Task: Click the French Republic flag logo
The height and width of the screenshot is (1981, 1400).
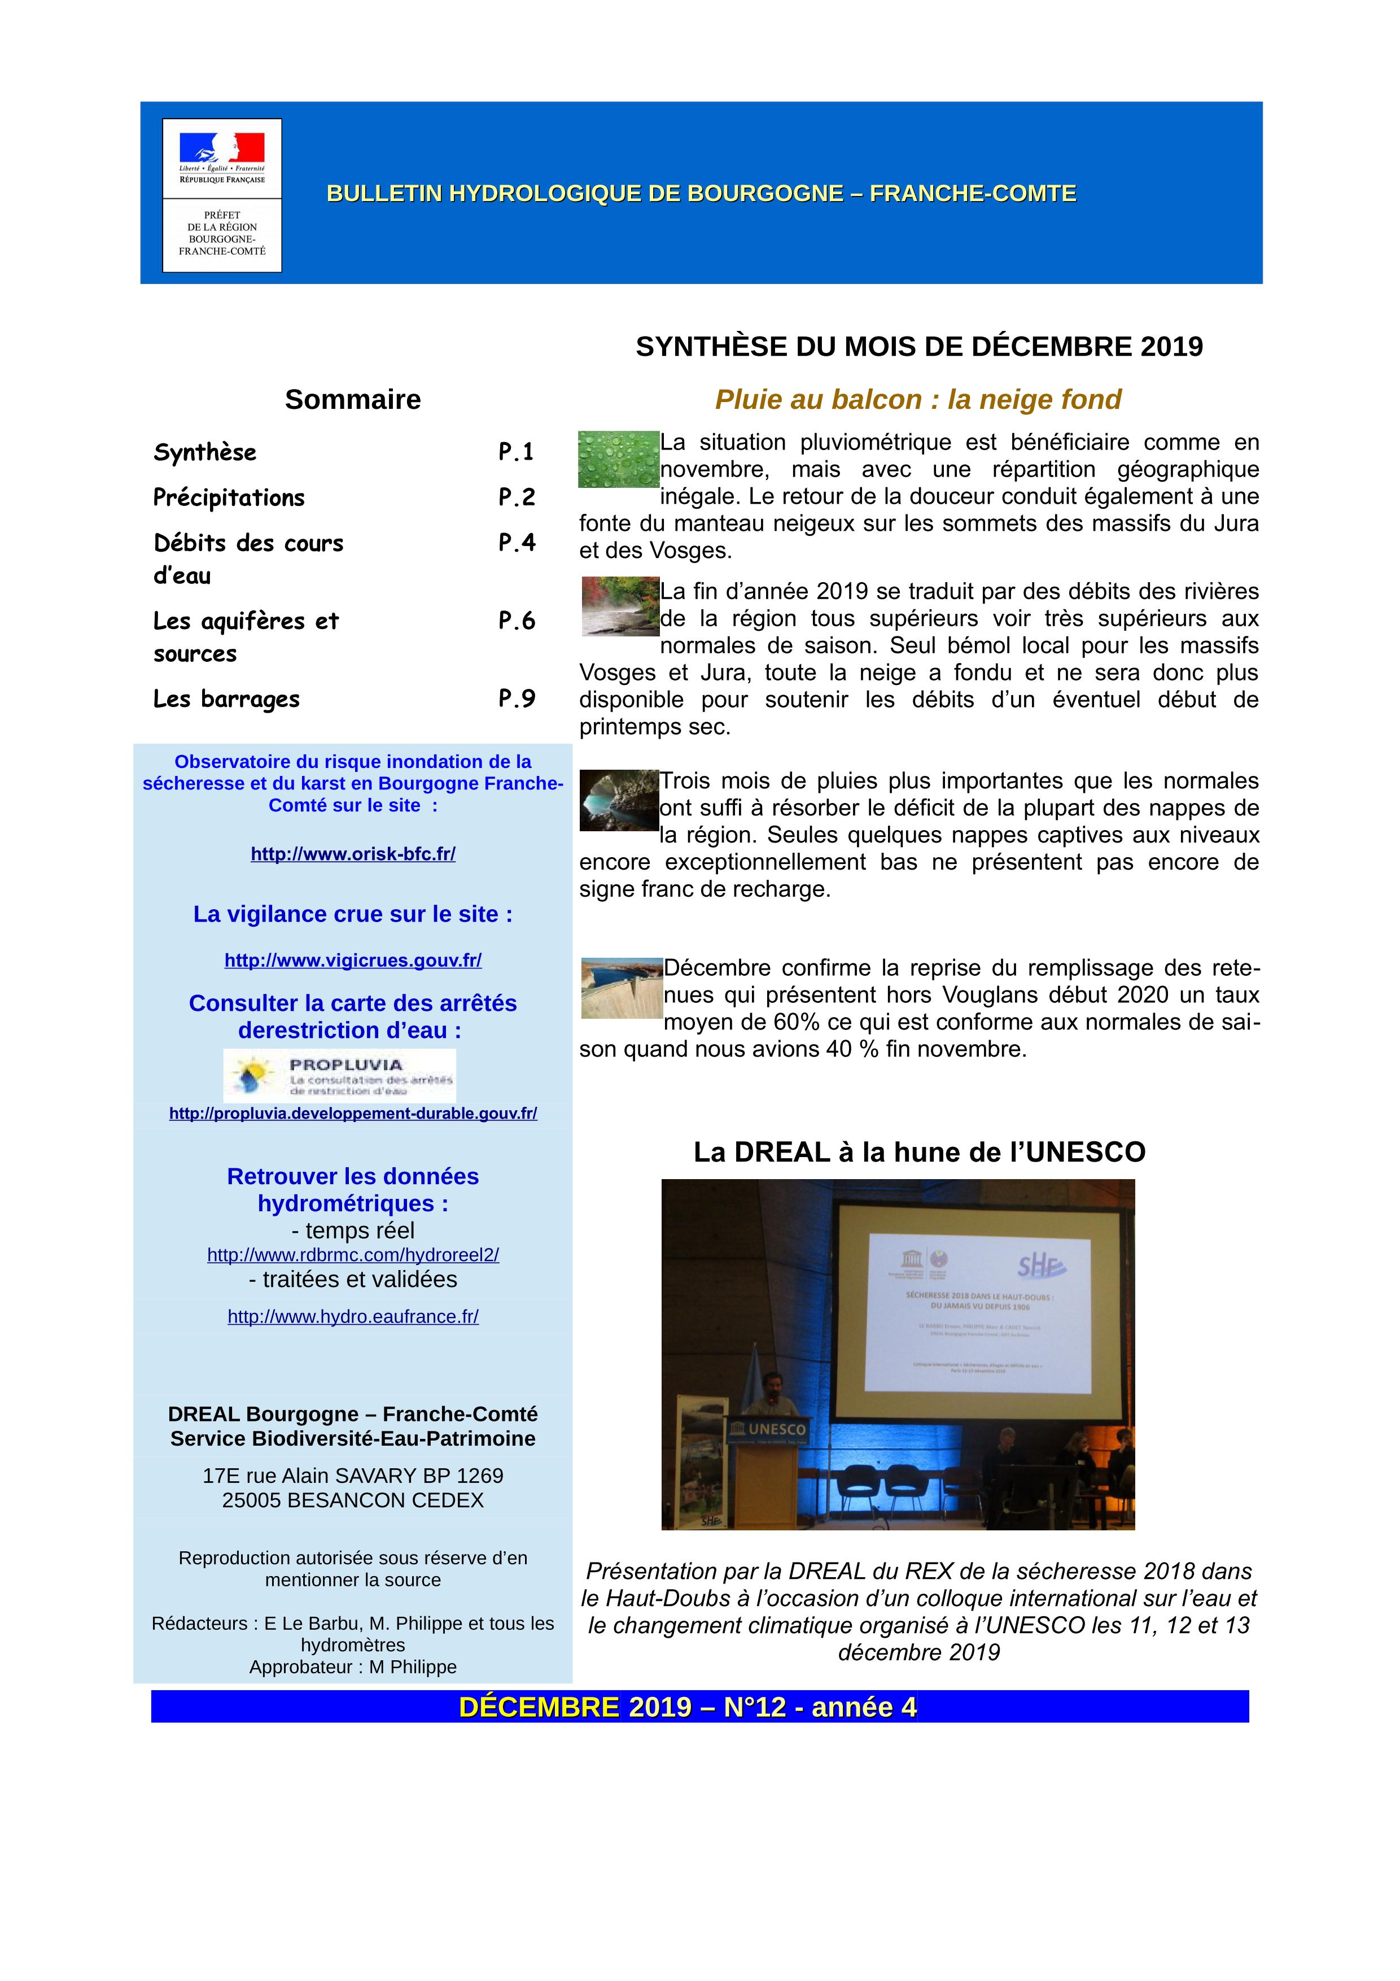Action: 222,149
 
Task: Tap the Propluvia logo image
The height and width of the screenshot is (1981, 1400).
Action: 339,1075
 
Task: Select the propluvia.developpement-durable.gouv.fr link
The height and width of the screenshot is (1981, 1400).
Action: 353,1113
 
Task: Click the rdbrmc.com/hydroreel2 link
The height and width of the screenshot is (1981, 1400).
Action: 353,1255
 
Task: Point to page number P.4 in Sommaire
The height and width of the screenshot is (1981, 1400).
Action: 517,542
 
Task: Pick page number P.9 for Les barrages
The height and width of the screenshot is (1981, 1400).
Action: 517,698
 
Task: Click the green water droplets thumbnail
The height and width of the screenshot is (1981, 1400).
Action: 618,459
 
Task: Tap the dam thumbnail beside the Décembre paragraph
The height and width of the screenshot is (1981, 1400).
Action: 621,987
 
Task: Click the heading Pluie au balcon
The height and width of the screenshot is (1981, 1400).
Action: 918,399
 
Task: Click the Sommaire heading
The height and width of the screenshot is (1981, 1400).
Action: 353,399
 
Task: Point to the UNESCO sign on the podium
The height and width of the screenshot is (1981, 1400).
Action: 768,1429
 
